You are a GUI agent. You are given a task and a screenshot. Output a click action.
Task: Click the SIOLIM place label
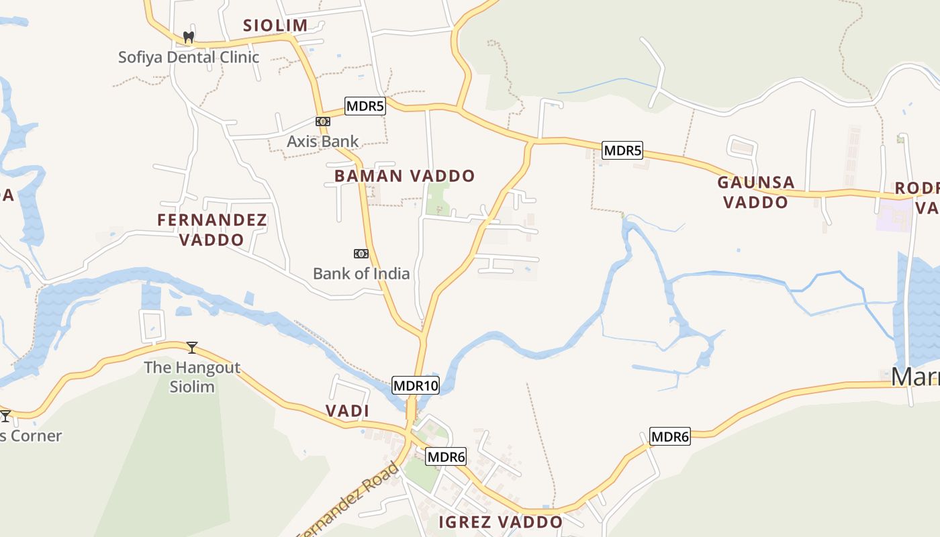pos(275,26)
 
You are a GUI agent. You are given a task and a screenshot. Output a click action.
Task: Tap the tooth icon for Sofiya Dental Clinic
pos(189,38)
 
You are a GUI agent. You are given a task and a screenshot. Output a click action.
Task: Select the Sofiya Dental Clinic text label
pos(189,57)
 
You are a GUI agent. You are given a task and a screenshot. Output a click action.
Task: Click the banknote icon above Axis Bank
pos(323,121)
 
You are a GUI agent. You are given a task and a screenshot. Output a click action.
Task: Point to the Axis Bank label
pos(323,142)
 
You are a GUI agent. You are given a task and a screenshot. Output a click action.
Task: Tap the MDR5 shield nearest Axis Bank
pos(365,106)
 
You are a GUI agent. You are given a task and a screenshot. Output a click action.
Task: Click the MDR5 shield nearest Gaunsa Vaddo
pos(622,150)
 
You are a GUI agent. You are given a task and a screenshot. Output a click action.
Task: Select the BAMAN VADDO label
pos(404,177)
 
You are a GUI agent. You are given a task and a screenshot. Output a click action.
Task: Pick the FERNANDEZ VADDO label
pos(212,230)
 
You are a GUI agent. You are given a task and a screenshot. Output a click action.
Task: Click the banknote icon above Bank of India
pos(361,254)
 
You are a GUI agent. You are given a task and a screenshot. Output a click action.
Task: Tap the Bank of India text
pos(361,274)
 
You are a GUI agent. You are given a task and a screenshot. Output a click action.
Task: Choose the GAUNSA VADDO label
pos(756,192)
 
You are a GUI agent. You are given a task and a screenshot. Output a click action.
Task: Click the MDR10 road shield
pos(416,385)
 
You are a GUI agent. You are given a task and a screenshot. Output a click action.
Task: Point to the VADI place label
pos(347,411)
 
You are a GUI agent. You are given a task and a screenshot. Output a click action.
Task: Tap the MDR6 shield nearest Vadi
pos(446,457)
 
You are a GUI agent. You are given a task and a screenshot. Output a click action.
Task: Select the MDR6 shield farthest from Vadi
pos(670,437)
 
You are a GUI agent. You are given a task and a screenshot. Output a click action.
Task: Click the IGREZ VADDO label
pos(500,522)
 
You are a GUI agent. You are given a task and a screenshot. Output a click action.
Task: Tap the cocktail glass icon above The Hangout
pos(192,347)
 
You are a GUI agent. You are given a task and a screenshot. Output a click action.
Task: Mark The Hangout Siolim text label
pos(192,377)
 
